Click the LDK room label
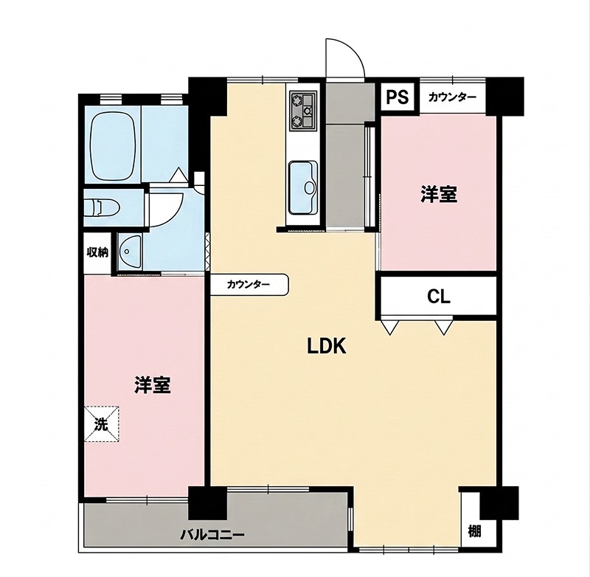tap(327, 346)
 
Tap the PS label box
tap(398, 97)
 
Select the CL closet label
tap(438, 297)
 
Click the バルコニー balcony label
tap(212, 534)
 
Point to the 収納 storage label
tap(97, 252)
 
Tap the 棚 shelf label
tap(474, 532)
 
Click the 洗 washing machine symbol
tap(101, 424)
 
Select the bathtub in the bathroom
tap(113, 146)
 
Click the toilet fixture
tap(102, 208)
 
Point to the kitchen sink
tap(304, 188)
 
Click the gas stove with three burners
tap(302, 111)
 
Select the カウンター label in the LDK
tap(249, 285)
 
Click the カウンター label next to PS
tap(452, 97)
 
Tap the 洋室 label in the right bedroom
tap(438, 195)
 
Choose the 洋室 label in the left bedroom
tap(153, 385)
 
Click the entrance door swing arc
tap(354, 49)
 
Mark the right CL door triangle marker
tap(443, 327)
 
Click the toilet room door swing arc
tap(174, 215)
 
